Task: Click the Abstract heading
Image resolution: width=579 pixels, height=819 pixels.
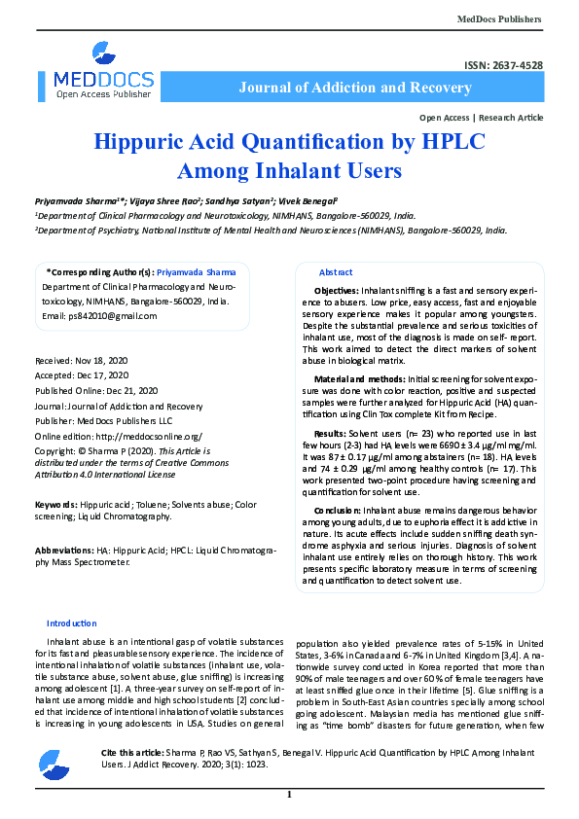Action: click(336, 272)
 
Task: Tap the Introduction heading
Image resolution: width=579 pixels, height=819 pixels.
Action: click(72, 623)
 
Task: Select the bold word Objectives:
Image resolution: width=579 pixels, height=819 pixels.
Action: click(336, 291)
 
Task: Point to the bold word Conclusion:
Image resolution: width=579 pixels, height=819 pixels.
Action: click(337, 511)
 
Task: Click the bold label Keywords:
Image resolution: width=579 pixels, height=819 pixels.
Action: click(56, 506)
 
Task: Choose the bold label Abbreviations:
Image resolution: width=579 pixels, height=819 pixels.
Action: click(64, 551)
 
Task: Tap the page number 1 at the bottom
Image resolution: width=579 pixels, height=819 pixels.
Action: click(289, 796)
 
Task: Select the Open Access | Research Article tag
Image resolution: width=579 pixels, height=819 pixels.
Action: click(481, 117)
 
